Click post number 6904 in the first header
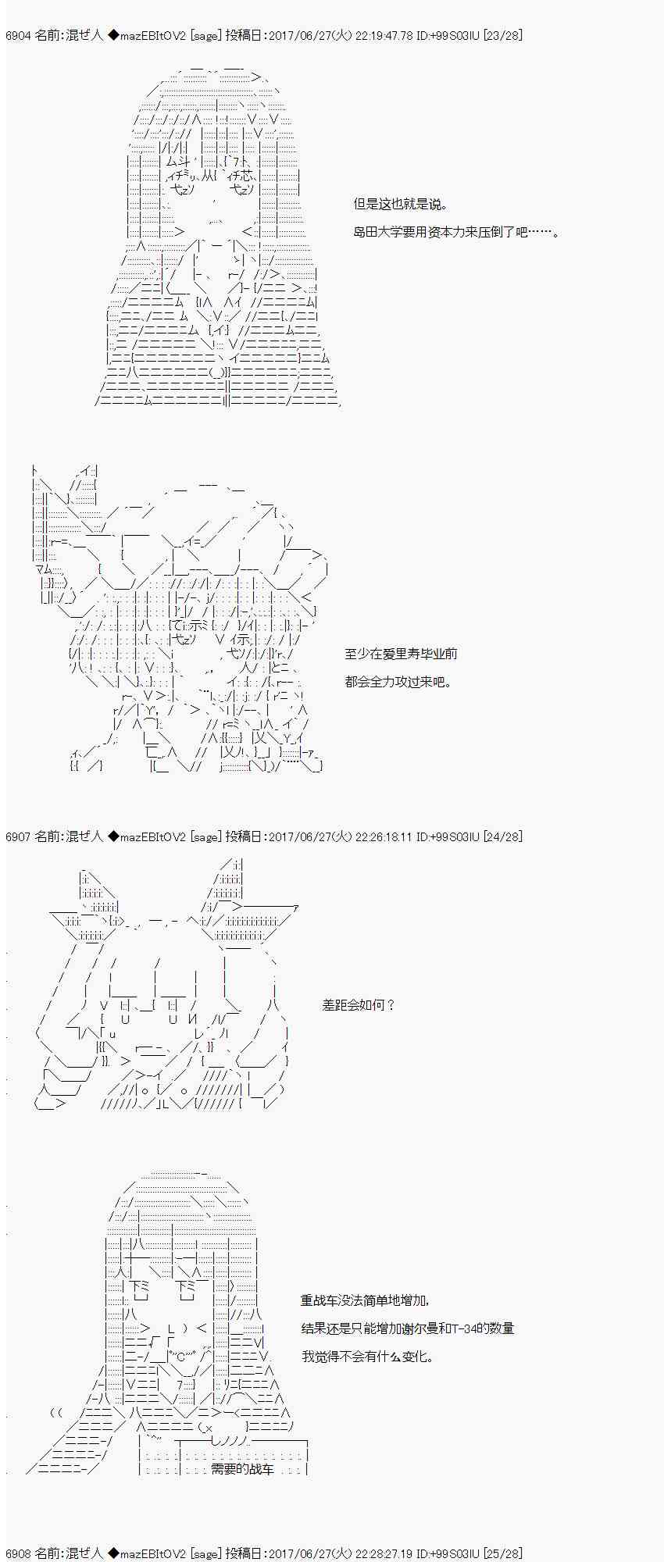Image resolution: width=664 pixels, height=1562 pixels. pos(18,35)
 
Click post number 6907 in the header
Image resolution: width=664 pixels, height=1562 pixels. pos(18,836)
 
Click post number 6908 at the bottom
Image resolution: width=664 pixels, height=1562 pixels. pos(18,1553)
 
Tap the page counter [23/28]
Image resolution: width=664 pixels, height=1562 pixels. pos(503,35)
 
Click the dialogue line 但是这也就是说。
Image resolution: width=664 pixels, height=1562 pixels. pos(402,204)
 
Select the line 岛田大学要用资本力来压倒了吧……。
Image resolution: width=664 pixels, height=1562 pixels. pos(456,232)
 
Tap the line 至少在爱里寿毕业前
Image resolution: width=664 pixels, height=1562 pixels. pos(402,654)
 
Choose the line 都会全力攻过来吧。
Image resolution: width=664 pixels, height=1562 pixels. pos(399,682)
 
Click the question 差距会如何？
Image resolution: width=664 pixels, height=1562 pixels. pos(359,1005)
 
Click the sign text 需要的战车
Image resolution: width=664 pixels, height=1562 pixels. pos(243,1469)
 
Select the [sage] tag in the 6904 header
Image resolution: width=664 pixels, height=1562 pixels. pos(205,35)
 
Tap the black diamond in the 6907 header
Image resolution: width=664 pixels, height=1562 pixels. pos(113,836)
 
